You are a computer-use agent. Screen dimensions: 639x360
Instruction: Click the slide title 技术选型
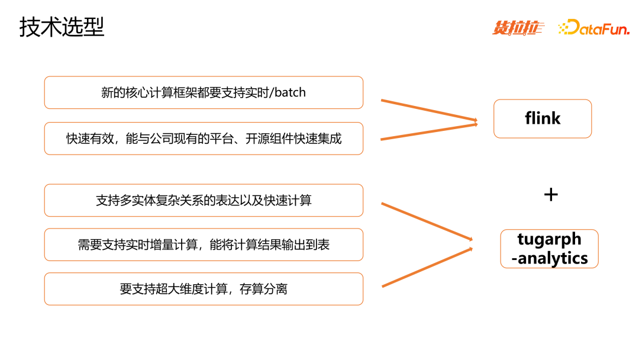coord(62,27)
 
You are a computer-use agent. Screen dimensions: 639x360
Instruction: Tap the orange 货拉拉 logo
coord(518,27)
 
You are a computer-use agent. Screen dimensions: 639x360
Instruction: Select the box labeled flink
coord(543,118)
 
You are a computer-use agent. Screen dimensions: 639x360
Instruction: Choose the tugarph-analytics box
coord(549,249)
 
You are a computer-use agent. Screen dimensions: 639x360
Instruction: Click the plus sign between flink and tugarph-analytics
coord(551,194)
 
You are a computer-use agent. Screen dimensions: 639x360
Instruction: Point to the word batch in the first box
coord(291,92)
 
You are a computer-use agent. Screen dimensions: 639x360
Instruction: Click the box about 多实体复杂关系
coord(204,200)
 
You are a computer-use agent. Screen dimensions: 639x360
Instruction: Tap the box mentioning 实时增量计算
coord(204,245)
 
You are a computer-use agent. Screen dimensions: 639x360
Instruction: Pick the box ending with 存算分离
coord(204,289)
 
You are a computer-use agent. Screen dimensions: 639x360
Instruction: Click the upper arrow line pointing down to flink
coord(428,110)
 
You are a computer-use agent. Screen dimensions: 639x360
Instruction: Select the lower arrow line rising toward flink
coord(428,131)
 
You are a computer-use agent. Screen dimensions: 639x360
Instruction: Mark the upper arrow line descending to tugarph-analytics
coord(426,221)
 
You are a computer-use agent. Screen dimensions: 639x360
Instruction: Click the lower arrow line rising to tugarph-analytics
coord(426,268)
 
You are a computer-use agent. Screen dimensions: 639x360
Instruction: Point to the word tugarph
coord(549,239)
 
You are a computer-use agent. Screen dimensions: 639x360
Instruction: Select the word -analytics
coord(549,258)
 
